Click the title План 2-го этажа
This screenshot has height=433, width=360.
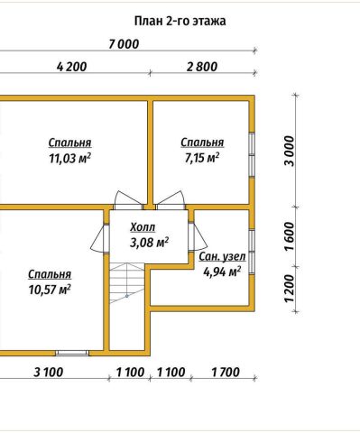[x=180, y=22]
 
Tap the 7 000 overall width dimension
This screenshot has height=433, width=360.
[x=124, y=44]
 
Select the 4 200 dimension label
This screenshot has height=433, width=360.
[x=72, y=67]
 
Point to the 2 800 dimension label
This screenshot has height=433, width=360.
[x=202, y=67]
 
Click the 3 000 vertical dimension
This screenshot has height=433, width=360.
[x=290, y=151]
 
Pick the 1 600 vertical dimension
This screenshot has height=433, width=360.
[x=290, y=236]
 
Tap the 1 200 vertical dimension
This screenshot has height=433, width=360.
[x=290, y=289]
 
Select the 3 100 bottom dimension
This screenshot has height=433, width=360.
[x=49, y=373]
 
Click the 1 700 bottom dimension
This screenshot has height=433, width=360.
[x=226, y=373]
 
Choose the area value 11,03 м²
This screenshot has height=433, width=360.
[x=70, y=158]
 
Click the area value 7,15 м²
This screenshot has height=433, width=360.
[x=202, y=158]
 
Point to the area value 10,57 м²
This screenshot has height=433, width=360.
[x=50, y=290]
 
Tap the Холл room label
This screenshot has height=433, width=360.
[x=143, y=227]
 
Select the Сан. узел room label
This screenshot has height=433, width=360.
[x=222, y=257]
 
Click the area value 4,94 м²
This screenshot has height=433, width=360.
[x=222, y=272]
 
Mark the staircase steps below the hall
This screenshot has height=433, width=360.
[x=127, y=282]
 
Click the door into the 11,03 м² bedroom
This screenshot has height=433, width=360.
[x=129, y=200]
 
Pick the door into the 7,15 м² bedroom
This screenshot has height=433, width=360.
[x=170, y=200]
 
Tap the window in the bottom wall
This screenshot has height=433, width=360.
[x=72, y=353]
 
